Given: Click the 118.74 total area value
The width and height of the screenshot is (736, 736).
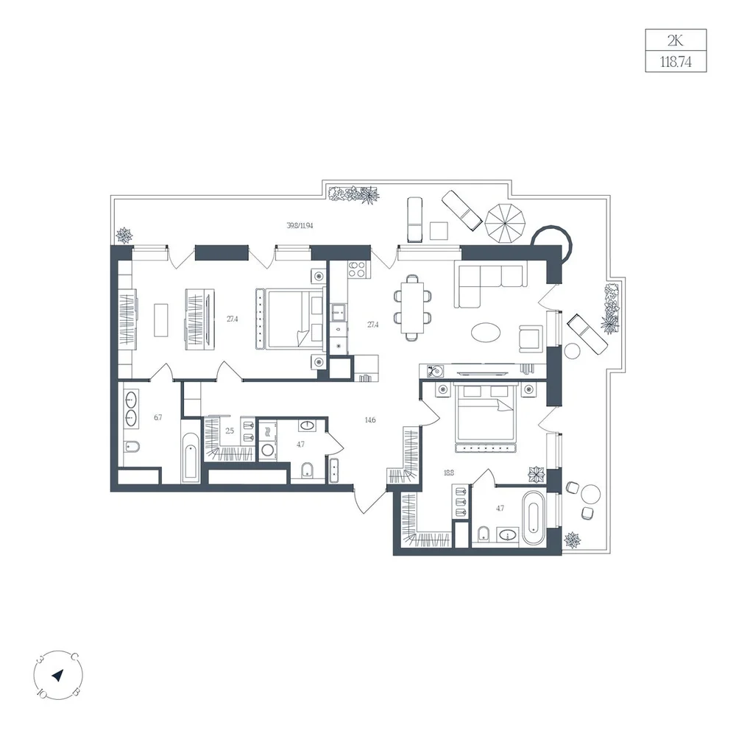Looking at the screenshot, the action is (676, 62).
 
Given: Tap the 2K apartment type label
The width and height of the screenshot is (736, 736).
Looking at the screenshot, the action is (676, 40).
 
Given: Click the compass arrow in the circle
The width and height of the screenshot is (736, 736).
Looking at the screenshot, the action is (57, 676).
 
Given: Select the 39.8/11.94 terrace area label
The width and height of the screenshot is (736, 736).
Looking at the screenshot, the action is (300, 225).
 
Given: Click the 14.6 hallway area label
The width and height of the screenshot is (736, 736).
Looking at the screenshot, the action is (370, 420).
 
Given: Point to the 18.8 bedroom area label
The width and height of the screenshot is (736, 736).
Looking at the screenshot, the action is (449, 473).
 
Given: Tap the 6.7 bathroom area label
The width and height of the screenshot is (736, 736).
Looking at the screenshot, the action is (158, 417).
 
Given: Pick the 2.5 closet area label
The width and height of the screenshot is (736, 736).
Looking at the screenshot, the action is (230, 431).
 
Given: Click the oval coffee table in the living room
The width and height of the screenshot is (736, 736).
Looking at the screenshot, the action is (486, 333).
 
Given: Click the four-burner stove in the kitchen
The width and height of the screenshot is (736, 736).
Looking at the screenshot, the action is (357, 269).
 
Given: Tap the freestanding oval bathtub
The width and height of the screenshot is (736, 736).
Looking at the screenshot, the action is (534, 517).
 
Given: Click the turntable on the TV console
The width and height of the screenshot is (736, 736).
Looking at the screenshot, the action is (436, 370).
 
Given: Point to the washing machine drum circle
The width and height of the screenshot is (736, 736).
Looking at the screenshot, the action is (268, 450).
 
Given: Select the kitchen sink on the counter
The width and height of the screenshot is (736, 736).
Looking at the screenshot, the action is (339, 312).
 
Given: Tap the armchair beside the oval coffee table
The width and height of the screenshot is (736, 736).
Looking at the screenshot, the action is (531, 339).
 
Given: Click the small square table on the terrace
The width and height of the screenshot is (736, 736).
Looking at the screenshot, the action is (439, 230).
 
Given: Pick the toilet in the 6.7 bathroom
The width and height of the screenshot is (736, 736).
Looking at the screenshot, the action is (132, 447).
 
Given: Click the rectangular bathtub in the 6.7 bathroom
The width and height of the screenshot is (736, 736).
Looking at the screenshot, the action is (191, 457).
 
